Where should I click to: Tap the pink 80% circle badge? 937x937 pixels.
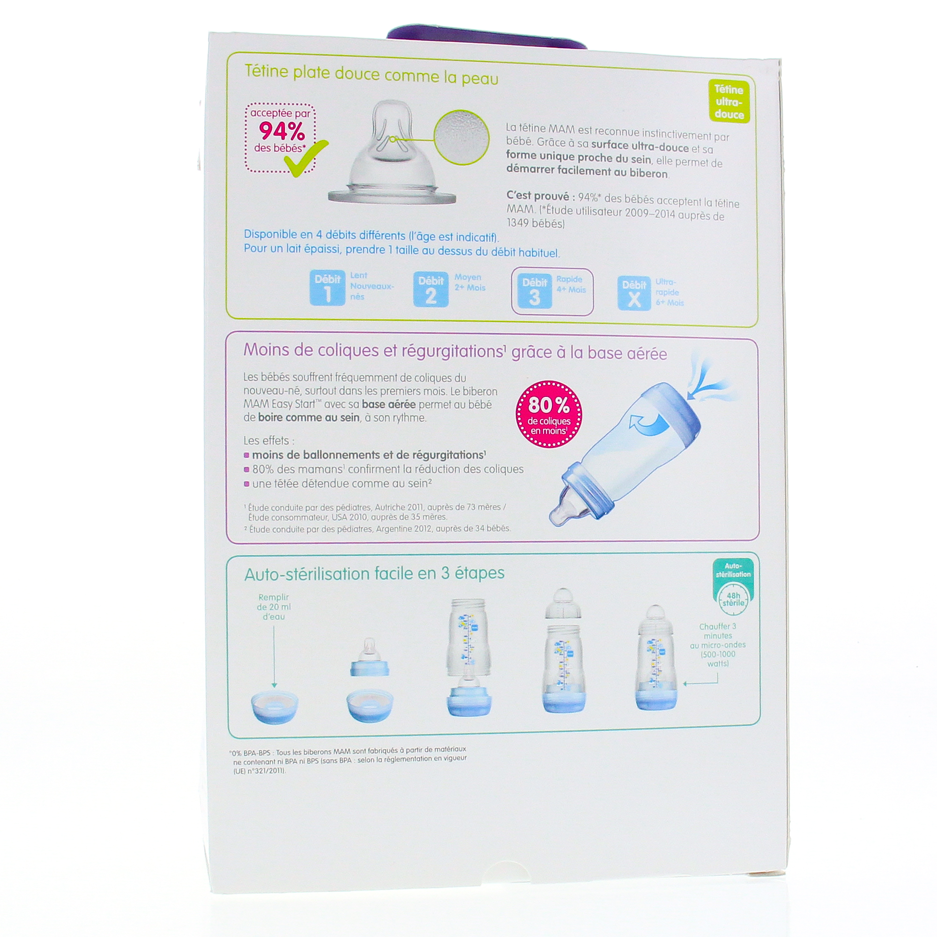tap(548, 413)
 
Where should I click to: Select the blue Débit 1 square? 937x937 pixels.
tap(327, 288)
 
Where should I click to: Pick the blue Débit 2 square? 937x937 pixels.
tap(431, 290)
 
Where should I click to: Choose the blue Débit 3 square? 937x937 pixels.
tap(535, 291)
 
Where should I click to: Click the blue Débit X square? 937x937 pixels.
tap(634, 293)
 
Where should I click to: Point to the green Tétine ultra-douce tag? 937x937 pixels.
tap(729, 102)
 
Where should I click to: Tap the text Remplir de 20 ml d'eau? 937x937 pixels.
tap(274, 607)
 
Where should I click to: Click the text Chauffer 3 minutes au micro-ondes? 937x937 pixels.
tap(718, 645)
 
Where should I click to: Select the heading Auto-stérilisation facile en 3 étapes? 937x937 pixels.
tap(374, 573)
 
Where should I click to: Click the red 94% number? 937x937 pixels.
tap(282, 131)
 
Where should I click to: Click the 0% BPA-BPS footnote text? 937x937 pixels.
tap(348, 759)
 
